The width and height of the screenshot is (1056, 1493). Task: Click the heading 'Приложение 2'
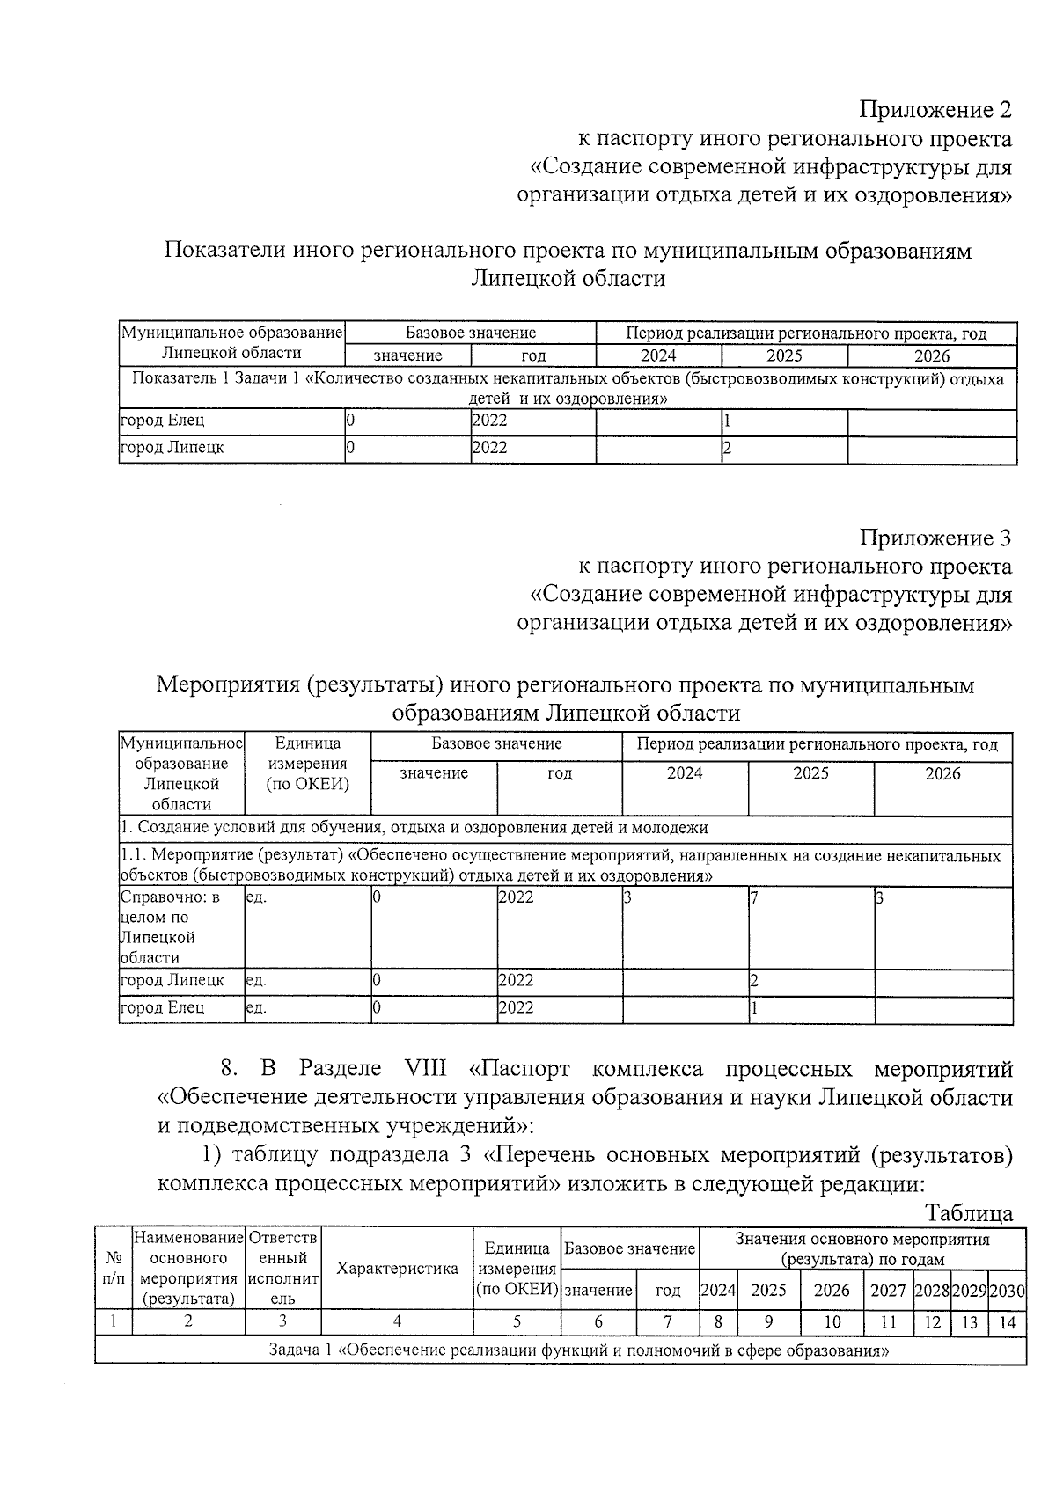pos(935,110)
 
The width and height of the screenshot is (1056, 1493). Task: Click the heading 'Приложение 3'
pos(935,538)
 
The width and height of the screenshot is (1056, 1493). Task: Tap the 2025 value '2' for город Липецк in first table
pos(727,448)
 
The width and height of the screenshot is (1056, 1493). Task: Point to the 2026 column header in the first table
pos(931,355)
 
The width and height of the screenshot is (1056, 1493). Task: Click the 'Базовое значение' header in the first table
pos(470,333)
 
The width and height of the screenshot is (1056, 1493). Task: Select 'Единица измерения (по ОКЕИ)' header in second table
pos(307,764)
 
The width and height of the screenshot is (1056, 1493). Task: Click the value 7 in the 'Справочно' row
pos(754,898)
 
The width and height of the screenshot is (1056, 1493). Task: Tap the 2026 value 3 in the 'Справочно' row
pos(878,898)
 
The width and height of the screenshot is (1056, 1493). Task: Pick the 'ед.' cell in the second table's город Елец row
pos(256,1008)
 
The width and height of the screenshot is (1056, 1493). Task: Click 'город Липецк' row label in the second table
pos(172,980)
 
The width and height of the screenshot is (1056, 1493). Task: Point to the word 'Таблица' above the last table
pos(968,1213)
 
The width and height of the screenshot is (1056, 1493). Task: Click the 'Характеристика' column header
pos(397,1269)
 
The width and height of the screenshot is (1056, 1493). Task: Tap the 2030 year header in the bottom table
pos(1007,1291)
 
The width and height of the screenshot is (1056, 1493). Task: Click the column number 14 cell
pos(1007,1321)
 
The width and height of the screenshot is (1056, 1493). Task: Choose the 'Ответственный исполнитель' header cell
pos(283,1268)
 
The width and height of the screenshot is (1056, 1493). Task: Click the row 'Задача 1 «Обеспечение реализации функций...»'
pos(560,1350)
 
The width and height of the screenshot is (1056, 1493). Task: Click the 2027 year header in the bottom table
pos(887,1291)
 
